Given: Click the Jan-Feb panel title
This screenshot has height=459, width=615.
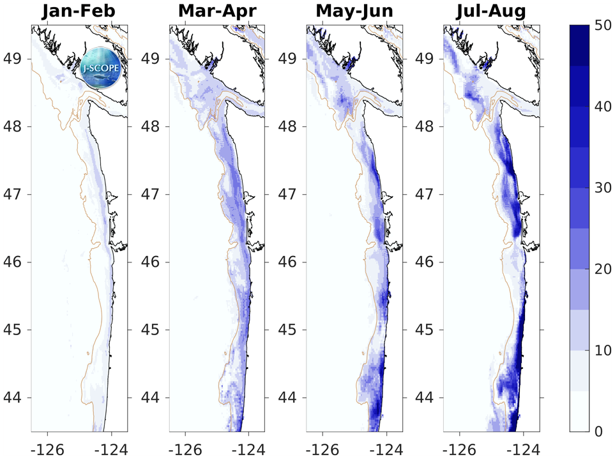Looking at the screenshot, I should click(x=79, y=11).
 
